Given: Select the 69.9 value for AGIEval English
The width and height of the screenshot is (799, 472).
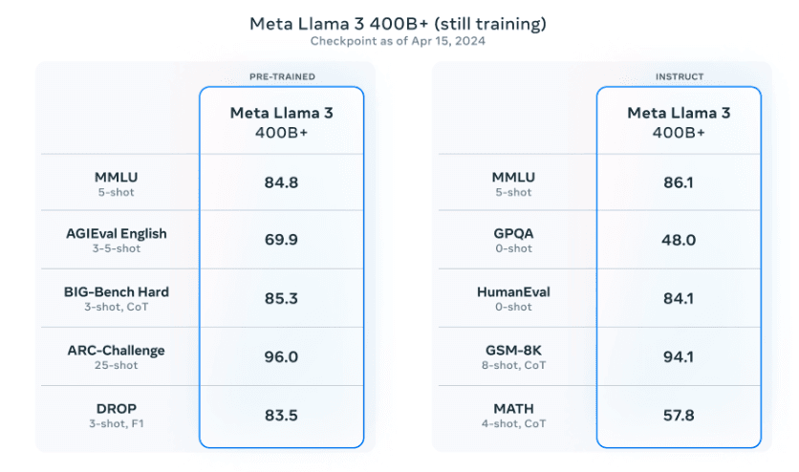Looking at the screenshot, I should [281, 241].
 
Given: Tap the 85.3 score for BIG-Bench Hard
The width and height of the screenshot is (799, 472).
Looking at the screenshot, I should [281, 298].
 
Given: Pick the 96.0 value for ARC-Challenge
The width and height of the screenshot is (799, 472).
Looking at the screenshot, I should [281, 356].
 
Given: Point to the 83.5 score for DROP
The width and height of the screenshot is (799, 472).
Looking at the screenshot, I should [281, 414].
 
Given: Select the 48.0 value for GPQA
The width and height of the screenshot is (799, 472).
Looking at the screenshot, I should [679, 241].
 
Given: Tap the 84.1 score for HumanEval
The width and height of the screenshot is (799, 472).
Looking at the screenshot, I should [679, 298].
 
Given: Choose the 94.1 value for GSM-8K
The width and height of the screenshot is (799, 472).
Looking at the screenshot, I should [679, 356].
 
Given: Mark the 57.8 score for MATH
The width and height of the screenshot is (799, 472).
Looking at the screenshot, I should [679, 414].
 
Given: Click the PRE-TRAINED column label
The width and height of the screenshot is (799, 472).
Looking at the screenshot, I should [281, 75].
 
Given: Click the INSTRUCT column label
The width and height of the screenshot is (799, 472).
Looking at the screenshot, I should [679, 75].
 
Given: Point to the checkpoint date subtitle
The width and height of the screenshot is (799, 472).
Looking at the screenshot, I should [399, 41].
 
